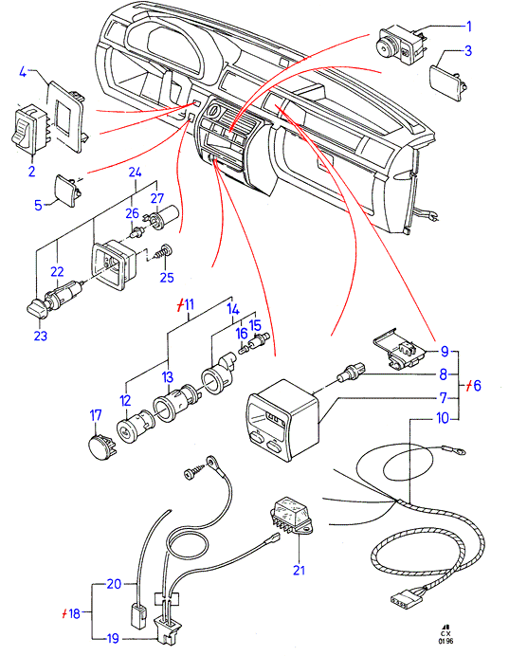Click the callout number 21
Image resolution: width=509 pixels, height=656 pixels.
299,570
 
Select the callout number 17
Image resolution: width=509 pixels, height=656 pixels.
96,415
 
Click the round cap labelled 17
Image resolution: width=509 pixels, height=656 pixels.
102,447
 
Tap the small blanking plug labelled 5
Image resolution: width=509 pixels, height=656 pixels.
66,190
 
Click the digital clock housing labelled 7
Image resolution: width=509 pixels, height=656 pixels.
282,420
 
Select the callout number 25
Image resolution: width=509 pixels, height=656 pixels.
167,277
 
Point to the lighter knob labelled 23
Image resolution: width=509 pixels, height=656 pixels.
37,309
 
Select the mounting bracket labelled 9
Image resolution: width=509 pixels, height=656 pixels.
399,349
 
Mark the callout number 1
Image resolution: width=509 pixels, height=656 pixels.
469,27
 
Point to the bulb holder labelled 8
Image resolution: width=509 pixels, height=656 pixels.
351,372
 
